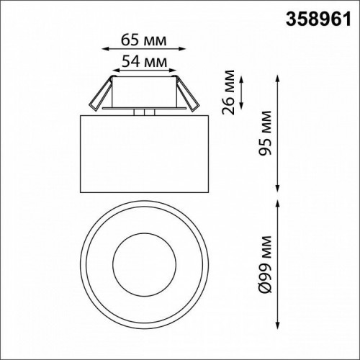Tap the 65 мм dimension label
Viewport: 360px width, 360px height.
point(140,37)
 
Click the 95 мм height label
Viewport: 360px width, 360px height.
point(266,132)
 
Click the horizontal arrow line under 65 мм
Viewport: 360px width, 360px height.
point(140,49)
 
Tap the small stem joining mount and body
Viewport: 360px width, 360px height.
point(144,112)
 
